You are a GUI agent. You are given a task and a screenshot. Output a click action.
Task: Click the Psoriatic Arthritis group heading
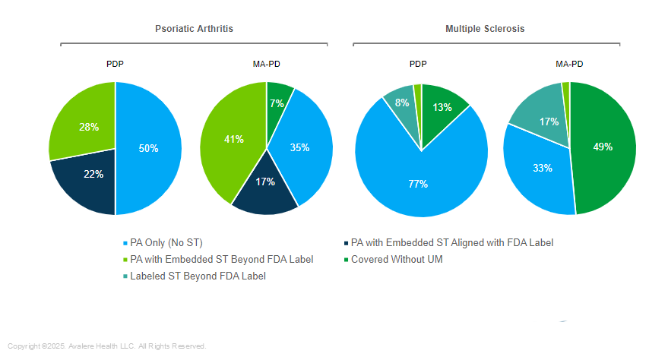pyautogui.click(x=194, y=28)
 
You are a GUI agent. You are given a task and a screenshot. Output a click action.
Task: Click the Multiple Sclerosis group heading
pyautogui.click(x=485, y=28)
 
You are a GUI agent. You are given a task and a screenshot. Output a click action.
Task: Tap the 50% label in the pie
pyautogui.click(x=148, y=149)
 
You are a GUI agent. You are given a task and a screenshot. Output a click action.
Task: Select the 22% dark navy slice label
pyautogui.click(x=93, y=174)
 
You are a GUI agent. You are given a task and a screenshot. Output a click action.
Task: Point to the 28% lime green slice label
pyautogui.click(x=89, y=127)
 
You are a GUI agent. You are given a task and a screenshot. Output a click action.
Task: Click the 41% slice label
pyautogui.click(x=233, y=139)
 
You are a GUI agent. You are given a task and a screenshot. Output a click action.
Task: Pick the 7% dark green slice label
pyautogui.click(x=277, y=103)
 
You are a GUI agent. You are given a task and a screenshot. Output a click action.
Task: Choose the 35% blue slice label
pyautogui.click(x=299, y=147)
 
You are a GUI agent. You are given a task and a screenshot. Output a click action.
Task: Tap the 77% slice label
pyautogui.click(x=417, y=184)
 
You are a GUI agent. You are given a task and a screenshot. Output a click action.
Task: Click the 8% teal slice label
pyautogui.click(x=402, y=103)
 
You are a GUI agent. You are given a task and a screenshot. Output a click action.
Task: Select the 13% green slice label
pyautogui.click(x=442, y=107)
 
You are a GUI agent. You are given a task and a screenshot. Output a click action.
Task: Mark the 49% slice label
pyautogui.click(x=603, y=147)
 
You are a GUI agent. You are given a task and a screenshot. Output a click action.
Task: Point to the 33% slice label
pyautogui.click(x=542, y=168)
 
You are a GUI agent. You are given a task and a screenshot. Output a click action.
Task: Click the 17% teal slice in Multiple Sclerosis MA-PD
pyautogui.click(x=549, y=121)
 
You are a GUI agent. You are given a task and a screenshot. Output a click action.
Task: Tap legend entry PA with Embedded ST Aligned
pyautogui.click(x=451, y=243)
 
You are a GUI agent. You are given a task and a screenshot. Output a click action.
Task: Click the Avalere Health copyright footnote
pyautogui.click(x=107, y=346)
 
